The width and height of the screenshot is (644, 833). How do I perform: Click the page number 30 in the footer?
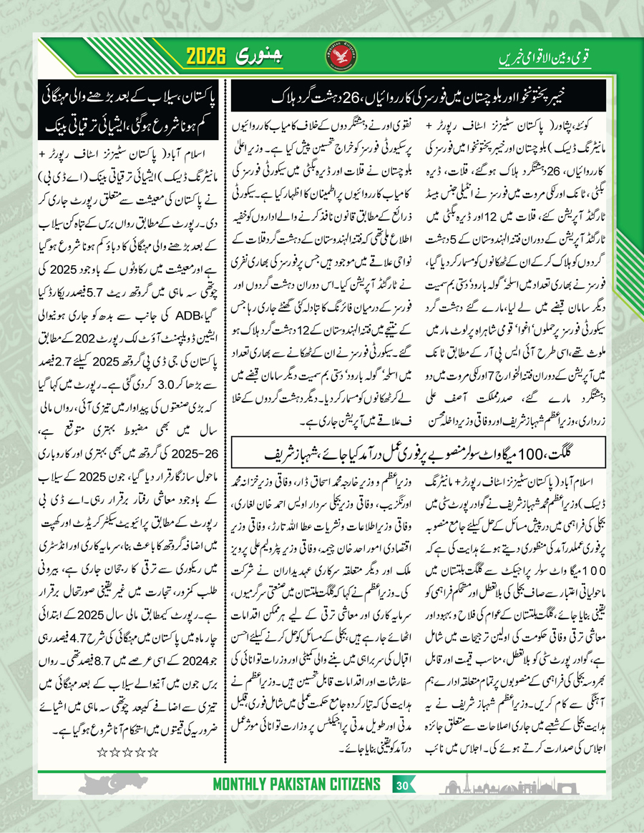coord(401,786)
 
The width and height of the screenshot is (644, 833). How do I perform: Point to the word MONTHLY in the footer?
coord(244,786)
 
